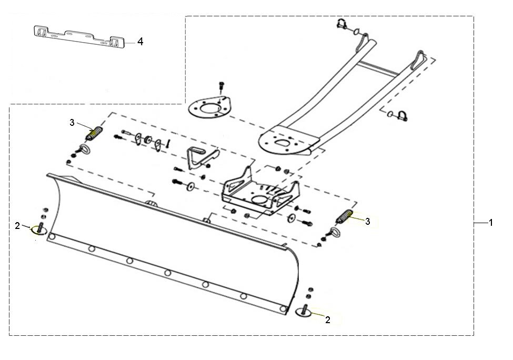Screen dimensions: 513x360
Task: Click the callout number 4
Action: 140,42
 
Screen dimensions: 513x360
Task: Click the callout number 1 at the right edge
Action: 490,223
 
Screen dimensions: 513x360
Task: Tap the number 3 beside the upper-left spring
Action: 72,123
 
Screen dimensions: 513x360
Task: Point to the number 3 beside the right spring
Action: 368,222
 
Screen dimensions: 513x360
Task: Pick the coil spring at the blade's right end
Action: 345,217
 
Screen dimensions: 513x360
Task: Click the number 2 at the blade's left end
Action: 17,225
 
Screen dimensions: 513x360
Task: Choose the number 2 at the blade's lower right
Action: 328,320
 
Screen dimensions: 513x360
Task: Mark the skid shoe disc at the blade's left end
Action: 39,231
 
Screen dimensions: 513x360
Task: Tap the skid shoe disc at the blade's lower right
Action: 304,312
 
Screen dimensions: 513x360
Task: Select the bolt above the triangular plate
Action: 222,86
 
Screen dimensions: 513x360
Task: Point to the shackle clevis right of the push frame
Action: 402,116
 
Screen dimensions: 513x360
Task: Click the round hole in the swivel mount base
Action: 261,199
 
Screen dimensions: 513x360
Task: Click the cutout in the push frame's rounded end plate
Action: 281,142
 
